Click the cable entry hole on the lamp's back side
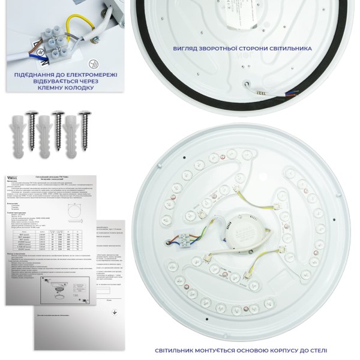pos(247,84)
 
